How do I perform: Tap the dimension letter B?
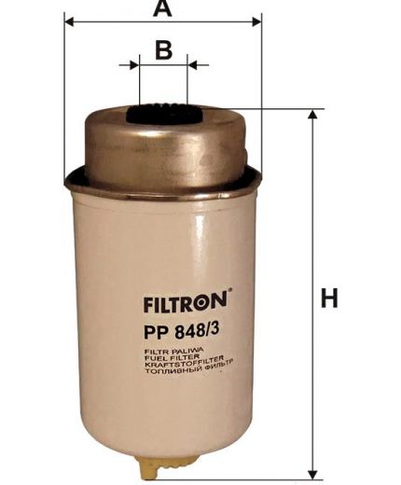click(163, 48)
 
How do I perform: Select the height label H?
click(328, 300)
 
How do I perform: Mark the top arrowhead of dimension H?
click(311, 114)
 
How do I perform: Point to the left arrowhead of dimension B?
click(133, 65)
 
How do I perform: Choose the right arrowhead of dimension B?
click(193, 65)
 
